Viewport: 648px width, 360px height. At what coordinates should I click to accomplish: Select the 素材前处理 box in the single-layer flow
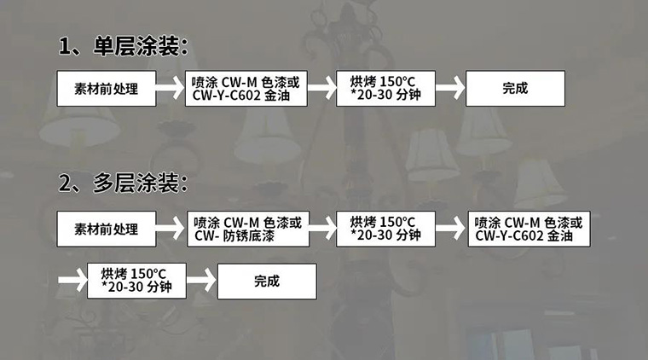pyautogui.click(x=107, y=88)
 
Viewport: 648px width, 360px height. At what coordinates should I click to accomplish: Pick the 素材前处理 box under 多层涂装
pyautogui.click(x=107, y=229)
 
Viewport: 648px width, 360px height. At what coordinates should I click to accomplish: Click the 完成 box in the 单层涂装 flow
pyautogui.click(x=515, y=88)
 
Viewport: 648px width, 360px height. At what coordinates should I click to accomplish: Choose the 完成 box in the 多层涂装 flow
pyautogui.click(x=266, y=281)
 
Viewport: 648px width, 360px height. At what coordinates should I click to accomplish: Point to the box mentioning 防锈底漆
pyautogui.click(x=246, y=229)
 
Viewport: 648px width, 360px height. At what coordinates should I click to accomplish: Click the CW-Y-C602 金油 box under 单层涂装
pyautogui.click(x=246, y=88)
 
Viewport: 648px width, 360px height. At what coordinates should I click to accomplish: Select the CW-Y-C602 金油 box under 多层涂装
pyautogui.click(x=529, y=229)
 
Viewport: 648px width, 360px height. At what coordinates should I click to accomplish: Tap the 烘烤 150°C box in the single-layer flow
pyautogui.click(x=386, y=88)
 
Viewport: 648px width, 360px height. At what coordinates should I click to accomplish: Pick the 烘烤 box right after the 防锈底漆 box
pyautogui.click(x=386, y=229)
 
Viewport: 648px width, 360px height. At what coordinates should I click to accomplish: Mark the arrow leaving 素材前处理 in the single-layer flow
pyautogui.click(x=171, y=88)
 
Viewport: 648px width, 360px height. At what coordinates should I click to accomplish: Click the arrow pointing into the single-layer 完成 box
pyautogui.click(x=450, y=88)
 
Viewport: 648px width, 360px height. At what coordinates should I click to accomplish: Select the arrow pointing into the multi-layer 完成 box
pyautogui.click(x=201, y=281)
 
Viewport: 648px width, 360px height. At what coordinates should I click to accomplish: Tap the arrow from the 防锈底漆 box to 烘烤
pyautogui.click(x=321, y=229)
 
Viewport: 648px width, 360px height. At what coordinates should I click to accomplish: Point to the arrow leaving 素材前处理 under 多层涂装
pyautogui.click(x=171, y=229)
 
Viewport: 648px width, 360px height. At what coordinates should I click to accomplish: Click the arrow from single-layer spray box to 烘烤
pyautogui.click(x=321, y=88)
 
